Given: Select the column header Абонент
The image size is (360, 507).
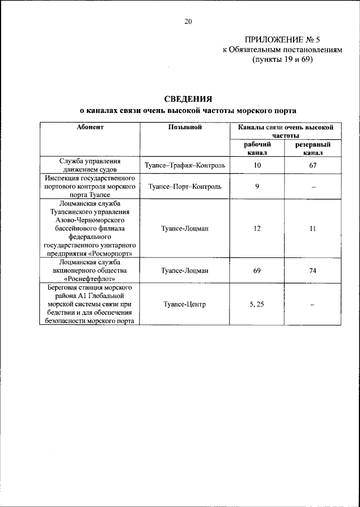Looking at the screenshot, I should [90, 128].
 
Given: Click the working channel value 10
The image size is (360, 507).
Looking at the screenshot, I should [257, 165].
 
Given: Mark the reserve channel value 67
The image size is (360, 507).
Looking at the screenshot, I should [313, 165].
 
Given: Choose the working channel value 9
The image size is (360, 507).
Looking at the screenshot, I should [257, 186].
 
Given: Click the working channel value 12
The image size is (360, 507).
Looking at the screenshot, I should [257, 228].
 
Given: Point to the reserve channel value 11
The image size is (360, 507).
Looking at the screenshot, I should [313, 228].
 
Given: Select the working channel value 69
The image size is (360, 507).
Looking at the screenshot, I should [257, 270].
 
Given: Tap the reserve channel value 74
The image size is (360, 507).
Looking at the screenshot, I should [313, 270].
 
